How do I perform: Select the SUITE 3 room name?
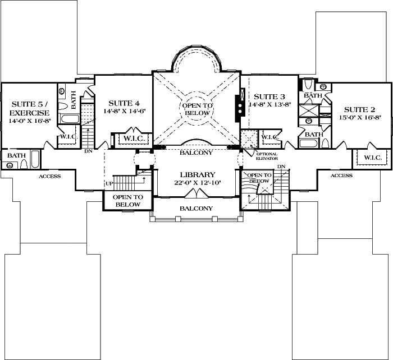[x=270, y=96]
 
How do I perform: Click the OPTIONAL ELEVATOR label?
[x=266, y=156]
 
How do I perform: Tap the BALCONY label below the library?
[x=196, y=209]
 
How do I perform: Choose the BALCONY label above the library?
[x=196, y=152]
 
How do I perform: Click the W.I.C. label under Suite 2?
[x=373, y=158]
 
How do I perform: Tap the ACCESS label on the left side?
[x=49, y=176]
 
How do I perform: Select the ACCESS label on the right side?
[x=341, y=176]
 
